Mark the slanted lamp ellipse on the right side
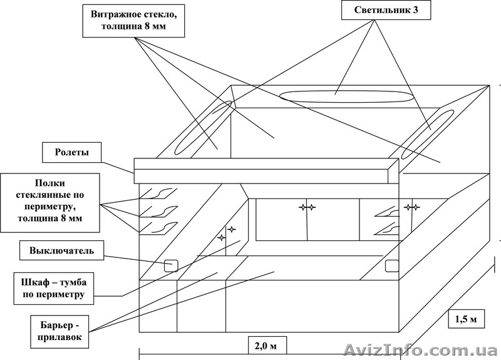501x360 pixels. tap(427, 133)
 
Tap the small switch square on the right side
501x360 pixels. tap(392, 265)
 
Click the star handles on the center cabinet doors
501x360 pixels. tap(307, 207)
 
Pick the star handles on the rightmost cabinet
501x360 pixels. tap(411, 206)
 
